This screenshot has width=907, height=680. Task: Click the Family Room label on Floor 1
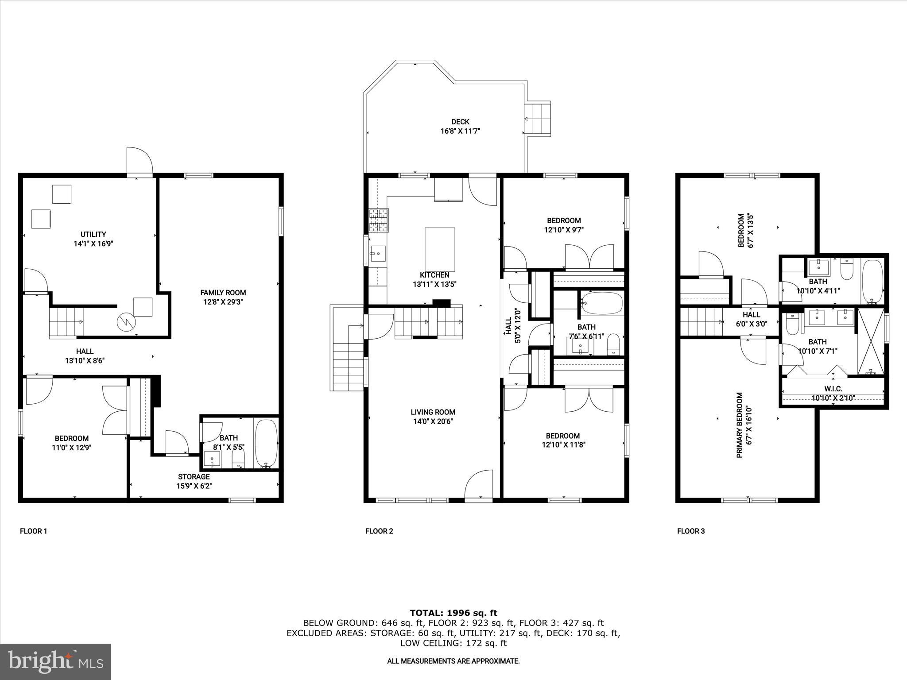pyautogui.click(x=223, y=293)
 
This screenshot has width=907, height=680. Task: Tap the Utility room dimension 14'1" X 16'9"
pyautogui.click(x=93, y=243)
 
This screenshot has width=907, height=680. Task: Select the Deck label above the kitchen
pyautogui.click(x=460, y=122)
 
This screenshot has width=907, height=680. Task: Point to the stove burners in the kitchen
pyautogui.click(x=378, y=220)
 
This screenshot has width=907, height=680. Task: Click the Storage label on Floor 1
pyautogui.click(x=194, y=477)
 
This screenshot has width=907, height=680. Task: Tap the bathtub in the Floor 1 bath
pyautogui.click(x=266, y=443)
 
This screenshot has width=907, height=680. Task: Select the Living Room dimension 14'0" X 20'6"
pyautogui.click(x=433, y=421)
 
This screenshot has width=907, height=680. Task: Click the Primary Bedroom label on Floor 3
pyautogui.click(x=739, y=425)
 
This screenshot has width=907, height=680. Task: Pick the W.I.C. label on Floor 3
pyautogui.click(x=833, y=389)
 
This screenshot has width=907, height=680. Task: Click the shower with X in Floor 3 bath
pyautogui.click(x=870, y=341)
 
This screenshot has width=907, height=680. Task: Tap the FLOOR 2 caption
pyautogui.click(x=379, y=531)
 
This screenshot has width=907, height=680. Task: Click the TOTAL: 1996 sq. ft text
pyautogui.click(x=453, y=613)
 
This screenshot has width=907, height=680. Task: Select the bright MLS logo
pyautogui.click(x=55, y=661)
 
